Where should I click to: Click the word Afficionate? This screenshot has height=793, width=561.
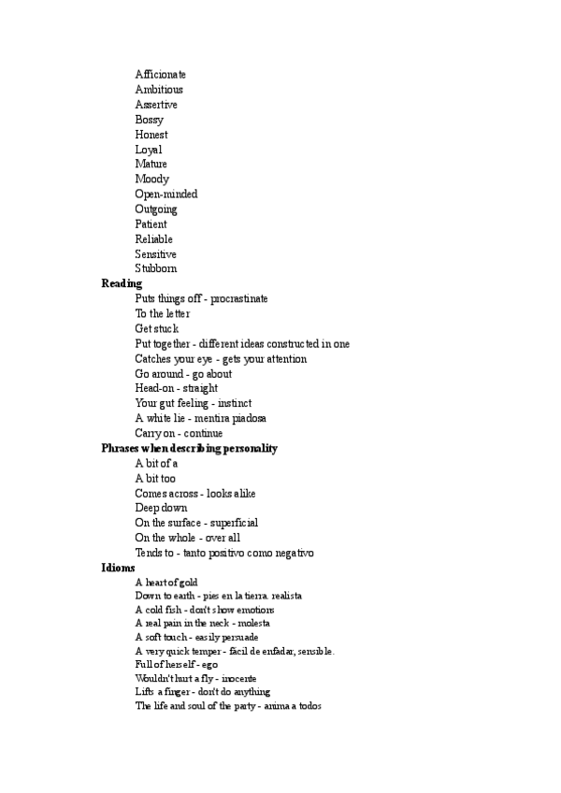160,75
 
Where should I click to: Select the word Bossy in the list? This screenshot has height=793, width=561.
149,120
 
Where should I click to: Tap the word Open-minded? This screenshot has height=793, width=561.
165,195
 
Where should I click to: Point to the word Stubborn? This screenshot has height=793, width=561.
155,269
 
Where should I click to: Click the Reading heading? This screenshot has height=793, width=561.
122,283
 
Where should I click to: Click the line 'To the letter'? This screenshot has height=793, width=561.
162,314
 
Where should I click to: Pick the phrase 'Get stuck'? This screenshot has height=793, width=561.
156,329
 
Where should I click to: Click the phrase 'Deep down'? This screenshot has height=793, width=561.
161,509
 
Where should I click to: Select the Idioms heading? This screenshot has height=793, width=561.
118,568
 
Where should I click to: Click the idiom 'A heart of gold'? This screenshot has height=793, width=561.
165,583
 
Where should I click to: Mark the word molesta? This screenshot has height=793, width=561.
253,623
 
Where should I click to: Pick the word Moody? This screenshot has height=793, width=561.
151,180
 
